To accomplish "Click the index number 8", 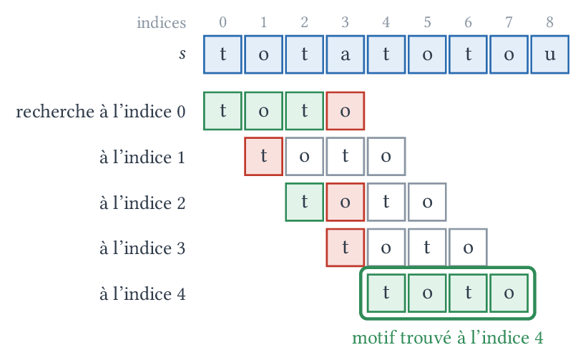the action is (549, 22).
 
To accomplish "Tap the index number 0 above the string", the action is (222, 22).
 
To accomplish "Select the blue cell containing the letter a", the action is (345, 54).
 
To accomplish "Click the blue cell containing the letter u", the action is (549, 54).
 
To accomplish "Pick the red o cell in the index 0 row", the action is (345, 111).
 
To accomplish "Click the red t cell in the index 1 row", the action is (263, 157).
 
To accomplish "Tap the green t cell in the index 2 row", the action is (305, 202).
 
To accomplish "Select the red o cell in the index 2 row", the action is (345, 202).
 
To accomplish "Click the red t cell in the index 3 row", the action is (345, 248).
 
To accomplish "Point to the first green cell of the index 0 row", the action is (222, 111).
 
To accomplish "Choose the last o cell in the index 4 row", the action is (509, 293).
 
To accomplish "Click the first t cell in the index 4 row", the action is (386, 293).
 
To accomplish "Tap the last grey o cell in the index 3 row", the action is (468, 248).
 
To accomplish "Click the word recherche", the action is (55, 112).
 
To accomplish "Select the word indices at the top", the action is (162, 23).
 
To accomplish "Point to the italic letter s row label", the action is (182, 54).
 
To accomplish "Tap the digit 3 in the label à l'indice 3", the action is (180, 248).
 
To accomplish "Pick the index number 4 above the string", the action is (386, 22).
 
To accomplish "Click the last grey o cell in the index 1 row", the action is (386, 157).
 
